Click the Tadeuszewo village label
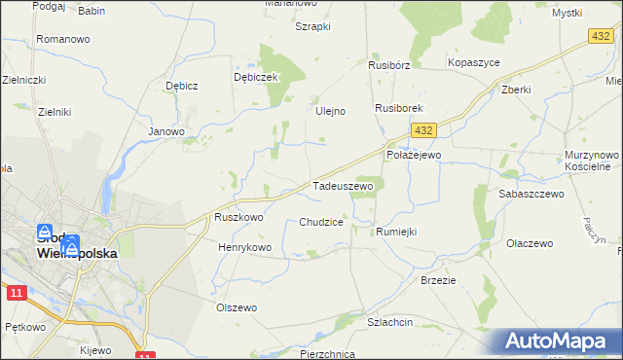point(343,185)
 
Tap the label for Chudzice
point(320,222)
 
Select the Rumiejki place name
point(396,232)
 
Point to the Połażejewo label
point(414,155)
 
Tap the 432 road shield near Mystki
point(601,35)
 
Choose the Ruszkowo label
point(238,218)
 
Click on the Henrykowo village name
point(244,248)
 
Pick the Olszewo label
point(236,307)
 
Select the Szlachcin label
point(390,322)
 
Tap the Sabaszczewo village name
point(531,195)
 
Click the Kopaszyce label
point(473,62)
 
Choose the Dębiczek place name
point(257,77)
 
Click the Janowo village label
point(165,131)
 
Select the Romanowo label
point(62,39)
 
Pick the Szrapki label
point(313,27)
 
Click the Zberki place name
point(516,90)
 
